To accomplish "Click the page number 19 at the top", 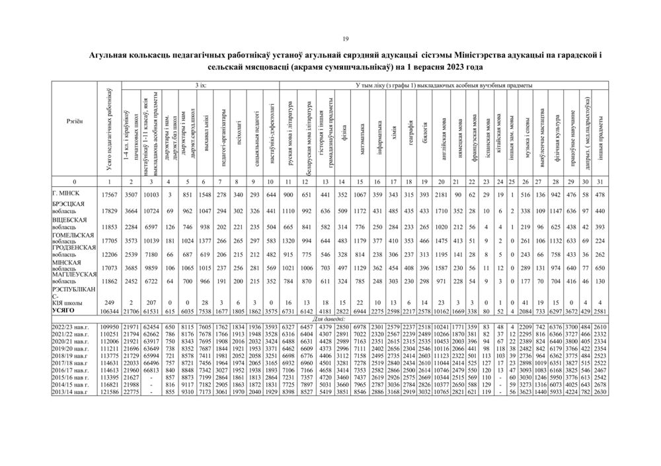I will pos(331,38).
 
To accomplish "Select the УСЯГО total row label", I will pos(66,310).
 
